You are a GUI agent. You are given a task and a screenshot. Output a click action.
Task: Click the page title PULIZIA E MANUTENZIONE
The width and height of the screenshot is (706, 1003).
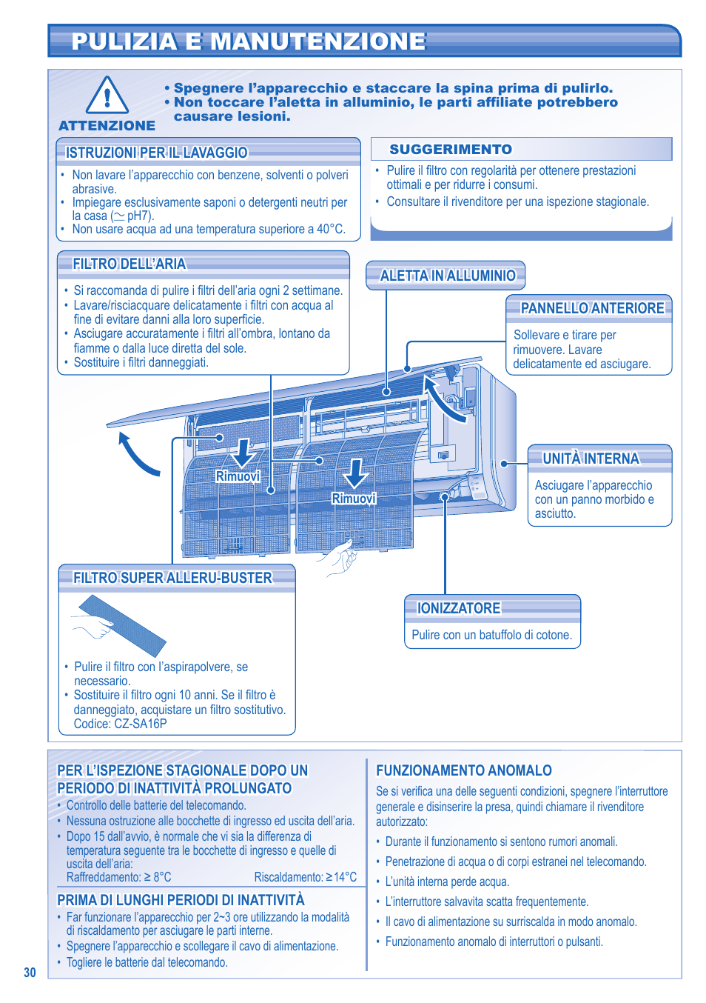point(249,41)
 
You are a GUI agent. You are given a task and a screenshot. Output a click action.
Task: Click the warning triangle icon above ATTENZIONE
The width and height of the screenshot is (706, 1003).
point(107,96)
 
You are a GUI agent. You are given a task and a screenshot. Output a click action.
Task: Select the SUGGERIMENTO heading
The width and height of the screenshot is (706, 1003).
point(451,150)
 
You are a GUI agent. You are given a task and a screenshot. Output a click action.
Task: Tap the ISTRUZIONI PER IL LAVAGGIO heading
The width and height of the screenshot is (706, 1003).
point(156,153)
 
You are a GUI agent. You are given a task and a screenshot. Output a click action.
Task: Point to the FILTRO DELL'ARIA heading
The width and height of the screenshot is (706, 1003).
point(130,264)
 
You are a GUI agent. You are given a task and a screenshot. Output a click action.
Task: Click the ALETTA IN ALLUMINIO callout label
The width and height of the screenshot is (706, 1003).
point(447,276)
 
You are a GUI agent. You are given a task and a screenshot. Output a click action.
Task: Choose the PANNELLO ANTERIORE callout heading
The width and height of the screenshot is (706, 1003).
point(592,308)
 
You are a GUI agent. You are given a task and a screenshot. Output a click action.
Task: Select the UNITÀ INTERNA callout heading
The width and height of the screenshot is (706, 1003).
point(591,459)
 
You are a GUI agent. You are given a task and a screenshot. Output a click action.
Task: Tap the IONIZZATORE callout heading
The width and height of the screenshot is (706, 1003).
point(459,608)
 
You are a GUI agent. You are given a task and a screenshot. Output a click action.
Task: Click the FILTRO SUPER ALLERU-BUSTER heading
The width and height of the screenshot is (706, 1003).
point(172,578)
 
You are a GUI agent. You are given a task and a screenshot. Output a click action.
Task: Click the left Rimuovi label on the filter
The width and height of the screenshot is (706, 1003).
point(238,476)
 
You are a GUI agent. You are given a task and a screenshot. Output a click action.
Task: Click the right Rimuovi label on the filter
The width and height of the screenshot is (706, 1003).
point(354,499)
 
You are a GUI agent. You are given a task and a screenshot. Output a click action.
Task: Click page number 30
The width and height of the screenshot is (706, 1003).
point(30,973)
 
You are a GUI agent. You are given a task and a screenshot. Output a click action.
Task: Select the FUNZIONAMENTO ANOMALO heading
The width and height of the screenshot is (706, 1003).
point(464,770)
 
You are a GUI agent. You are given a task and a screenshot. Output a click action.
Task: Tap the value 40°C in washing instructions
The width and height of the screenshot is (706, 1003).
point(331,230)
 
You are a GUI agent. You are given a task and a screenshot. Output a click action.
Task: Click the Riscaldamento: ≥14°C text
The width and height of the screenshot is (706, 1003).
point(305,877)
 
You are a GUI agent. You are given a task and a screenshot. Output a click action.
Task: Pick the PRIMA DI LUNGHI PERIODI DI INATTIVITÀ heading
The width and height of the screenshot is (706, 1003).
point(181,900)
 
